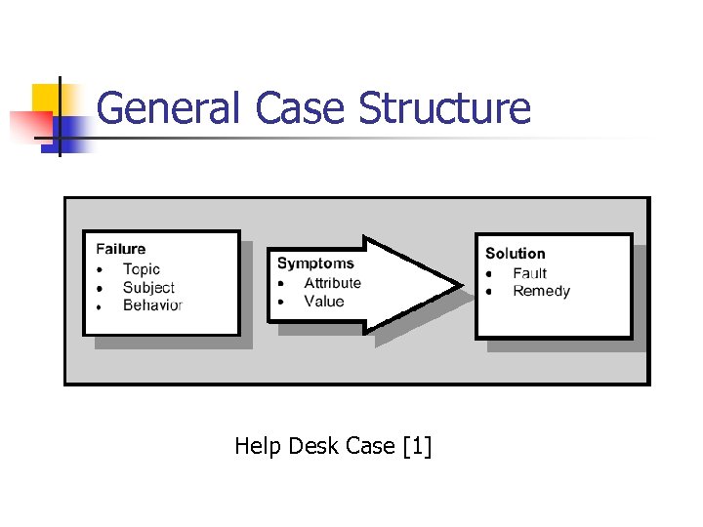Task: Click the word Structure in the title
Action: (444, 108)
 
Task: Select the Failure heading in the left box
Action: (121, 249)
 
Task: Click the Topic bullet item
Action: (142, 268)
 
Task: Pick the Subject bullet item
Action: (148, 287)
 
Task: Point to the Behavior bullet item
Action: (152, 305)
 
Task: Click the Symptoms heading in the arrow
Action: (315, 263)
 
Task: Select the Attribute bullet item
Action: (332, 283)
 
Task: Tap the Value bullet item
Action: (324, 302)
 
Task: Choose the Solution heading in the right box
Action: (516, 254)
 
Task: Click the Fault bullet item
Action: (530, 273)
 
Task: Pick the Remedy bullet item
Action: (541, 291)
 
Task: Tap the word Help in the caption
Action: (256, 447)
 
